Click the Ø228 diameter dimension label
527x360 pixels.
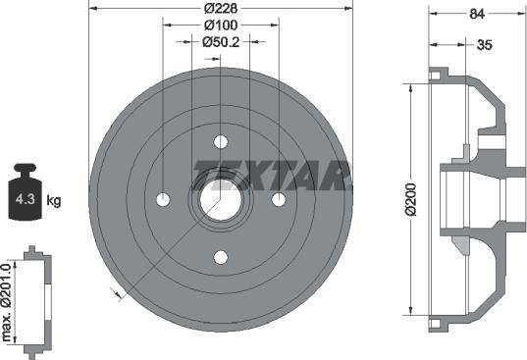(221, 9)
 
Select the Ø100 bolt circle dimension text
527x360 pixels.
(221, 26)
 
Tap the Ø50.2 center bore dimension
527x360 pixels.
(221, 42)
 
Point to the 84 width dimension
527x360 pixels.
(477, 14)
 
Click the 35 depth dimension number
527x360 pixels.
(485, 45)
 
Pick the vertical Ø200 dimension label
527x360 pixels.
(411, 199)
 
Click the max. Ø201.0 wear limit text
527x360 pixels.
(7, 302)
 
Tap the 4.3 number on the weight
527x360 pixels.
(26, 199)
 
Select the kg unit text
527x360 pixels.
(53, 200)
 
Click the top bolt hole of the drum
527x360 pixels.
(221, 141)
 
